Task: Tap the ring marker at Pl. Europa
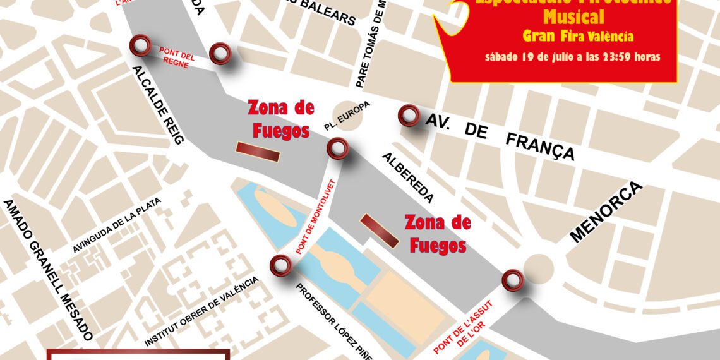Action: [337, 149]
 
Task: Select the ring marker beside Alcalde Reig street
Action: [140, 45]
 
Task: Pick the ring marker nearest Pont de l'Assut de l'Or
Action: [512, 280]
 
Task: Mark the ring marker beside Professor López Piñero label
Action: [280, 266]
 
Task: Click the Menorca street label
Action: [606, 212]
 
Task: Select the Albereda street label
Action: [407, 177]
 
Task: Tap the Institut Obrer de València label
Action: [202, 311]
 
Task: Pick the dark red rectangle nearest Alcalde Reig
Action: [257, 152]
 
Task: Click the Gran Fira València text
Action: [578, 36]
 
